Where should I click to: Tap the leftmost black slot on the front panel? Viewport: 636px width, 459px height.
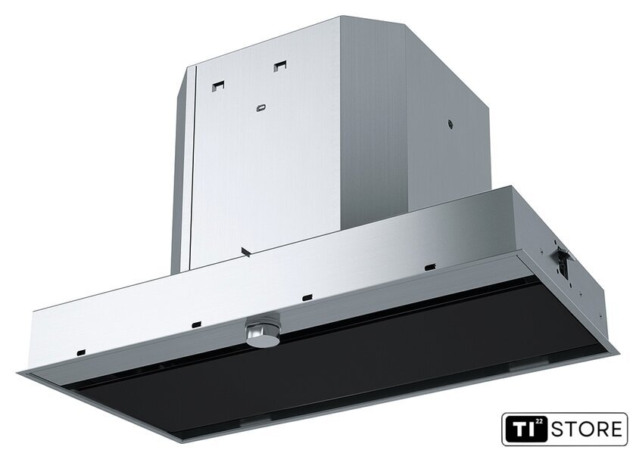81,352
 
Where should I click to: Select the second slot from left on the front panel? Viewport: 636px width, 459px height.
196,324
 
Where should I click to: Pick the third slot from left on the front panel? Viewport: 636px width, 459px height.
307,297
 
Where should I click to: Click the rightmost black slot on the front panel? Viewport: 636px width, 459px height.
429,268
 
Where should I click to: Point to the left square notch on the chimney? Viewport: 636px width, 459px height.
219,86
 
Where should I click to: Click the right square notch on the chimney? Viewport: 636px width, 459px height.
280,66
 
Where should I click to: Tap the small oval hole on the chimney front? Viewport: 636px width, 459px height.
260,108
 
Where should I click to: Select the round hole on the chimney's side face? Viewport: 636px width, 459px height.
450,125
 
